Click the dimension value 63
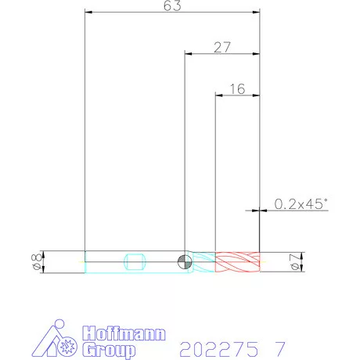click(x=172, y=5)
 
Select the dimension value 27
click(x=222, y=47)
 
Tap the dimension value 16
click(x=237, y=89)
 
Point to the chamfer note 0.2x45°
click(x=301, y=203)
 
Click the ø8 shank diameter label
click(x=36, y=261)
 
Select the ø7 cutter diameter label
click(x=295, y=262)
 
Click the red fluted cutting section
click(x=237, y=262)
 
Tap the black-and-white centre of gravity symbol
click(x=185, y=261)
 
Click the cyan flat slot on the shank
click(x=135, y=261)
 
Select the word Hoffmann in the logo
click(x=124, y=333)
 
